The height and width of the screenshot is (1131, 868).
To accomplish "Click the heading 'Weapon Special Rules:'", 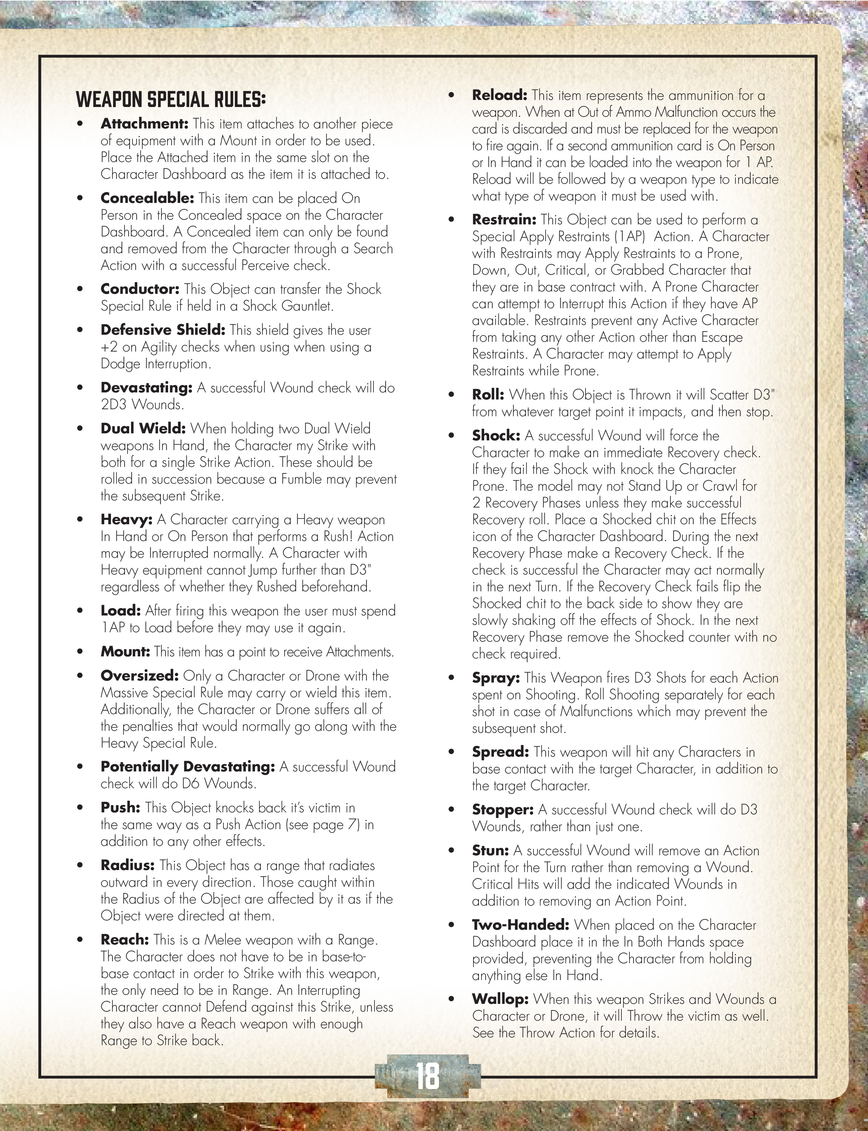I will (170, 99).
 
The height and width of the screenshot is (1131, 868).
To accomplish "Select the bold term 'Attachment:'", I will (144, 124).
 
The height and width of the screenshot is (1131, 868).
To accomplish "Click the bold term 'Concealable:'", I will (147, 198).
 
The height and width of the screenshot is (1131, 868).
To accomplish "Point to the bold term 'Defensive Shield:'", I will (163, 330).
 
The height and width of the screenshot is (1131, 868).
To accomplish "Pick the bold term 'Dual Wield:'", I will (143, 429).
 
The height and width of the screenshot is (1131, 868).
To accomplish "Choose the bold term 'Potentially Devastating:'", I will (188, 767).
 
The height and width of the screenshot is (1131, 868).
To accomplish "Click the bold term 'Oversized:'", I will (140, 676).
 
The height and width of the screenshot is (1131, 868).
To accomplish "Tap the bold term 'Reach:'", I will (124, 940).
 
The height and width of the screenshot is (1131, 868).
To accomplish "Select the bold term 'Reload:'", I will (499, 95).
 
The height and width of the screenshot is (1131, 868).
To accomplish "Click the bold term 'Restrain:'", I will (504, 219).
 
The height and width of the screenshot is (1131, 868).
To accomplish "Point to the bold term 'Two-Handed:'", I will (520, 925).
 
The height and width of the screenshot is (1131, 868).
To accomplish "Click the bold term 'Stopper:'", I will (503, 810).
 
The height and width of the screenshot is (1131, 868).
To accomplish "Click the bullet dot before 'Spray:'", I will (451, 678).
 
